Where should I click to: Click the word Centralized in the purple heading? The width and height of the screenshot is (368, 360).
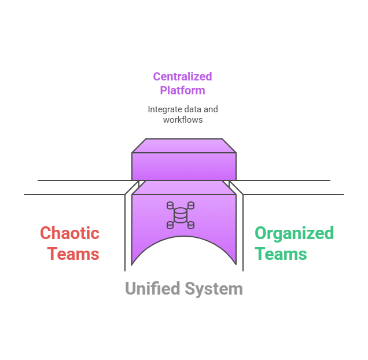point(182,76)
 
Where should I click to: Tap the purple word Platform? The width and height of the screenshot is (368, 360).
point(182,90)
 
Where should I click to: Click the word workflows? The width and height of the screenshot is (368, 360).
point(182,120)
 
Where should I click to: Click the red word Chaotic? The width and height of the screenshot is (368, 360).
point(69,233)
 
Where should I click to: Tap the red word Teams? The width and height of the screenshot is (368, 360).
point(73,254)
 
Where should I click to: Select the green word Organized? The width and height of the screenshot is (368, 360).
point(295,233)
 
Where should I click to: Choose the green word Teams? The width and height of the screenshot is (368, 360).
point(281,254)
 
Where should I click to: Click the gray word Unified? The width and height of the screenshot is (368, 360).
point(152,288)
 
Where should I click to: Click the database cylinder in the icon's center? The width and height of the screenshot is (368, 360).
point(181,215)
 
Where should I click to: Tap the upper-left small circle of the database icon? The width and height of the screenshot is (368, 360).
point(170,205)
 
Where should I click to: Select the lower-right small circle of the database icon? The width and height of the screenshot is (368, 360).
point(191,225)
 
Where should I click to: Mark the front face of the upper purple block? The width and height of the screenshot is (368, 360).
point(183,167)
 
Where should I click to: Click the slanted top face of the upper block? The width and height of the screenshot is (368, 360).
point(183,145)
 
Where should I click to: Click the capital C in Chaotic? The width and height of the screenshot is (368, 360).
point(46,233)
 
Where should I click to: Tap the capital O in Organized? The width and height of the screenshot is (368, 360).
point(262,233)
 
